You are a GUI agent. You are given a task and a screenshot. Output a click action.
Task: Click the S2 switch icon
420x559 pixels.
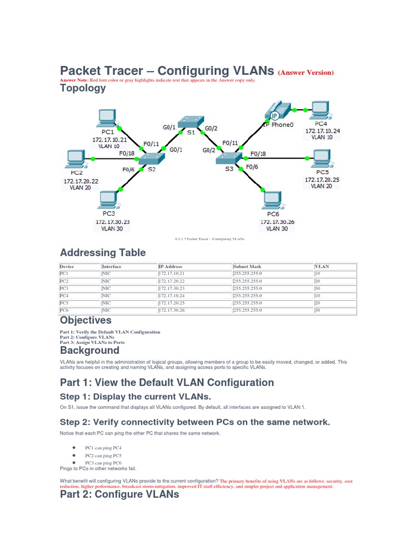pos(150,158)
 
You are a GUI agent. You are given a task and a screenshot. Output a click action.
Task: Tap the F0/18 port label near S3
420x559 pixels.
pos(258,154)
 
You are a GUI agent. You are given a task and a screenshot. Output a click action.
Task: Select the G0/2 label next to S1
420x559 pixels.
pos(212,129)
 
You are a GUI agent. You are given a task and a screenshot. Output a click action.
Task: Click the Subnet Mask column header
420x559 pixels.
pos(247,267)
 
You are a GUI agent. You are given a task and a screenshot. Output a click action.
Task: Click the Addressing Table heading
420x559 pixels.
pos(103,253)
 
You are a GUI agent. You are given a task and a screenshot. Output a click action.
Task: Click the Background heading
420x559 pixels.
pos(89,350)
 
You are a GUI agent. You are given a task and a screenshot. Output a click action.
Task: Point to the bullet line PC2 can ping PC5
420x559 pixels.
pos(103,455)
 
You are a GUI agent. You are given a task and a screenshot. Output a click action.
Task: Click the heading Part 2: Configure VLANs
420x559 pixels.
pos(119,495)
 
